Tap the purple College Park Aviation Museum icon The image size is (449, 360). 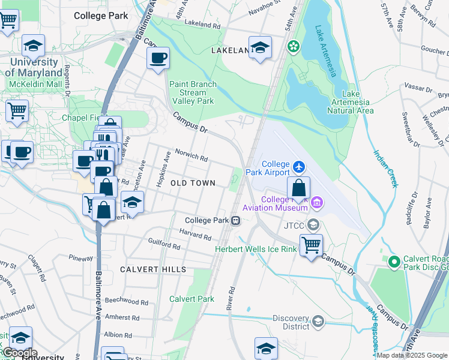(316, 205)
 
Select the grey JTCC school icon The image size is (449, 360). (312, 225)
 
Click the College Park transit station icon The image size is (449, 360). (237, 220)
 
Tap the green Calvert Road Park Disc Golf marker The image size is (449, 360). (394, 262)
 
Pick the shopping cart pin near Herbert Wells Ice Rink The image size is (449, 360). (311, 244)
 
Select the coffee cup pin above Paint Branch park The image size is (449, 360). (158, 58)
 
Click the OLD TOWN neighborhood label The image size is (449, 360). (193, 183)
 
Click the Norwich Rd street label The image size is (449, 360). (191, 155)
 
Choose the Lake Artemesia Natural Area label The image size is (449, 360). (358, 102)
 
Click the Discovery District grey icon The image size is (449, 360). (318, 322)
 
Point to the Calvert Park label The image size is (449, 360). (191, 299)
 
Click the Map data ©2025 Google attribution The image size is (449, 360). (412, 355)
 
